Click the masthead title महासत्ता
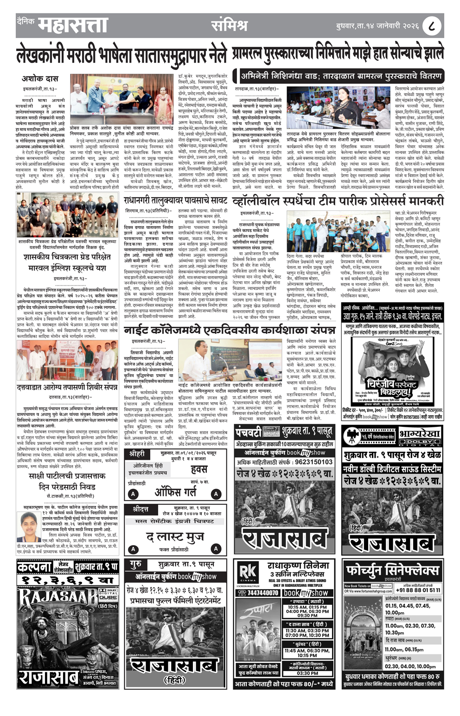pyautogui.click(x=73, y=25)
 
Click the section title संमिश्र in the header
pyautogui.click(x=229, y=25)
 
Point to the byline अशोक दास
pyautogui.click(x=39, y=79)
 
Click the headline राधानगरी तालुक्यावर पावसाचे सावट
pyautogui.click(x=175, y=200)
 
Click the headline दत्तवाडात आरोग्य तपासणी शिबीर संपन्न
pyautogui.click(x=67, y=387)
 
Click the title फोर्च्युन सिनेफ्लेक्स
pyautogui.click(x=392, y=569)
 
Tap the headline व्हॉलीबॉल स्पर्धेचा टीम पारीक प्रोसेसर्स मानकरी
pyautogui.click(x=338, y=201)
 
